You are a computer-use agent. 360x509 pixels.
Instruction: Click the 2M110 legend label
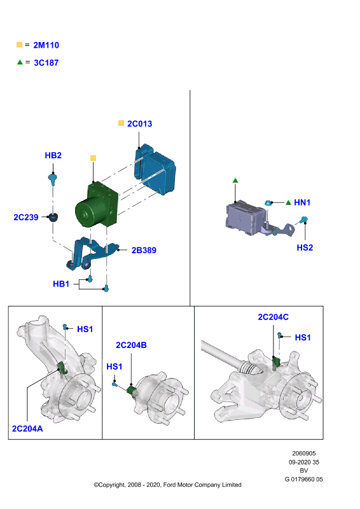[x=46, y=45]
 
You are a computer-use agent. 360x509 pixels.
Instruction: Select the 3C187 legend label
[x=46, y=62]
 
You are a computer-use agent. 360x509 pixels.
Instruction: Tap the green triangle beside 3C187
[x=20, y=62]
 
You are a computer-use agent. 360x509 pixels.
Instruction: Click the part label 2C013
[x=139, y=123]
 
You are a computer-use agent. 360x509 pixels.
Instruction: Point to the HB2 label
[x=53, y=155]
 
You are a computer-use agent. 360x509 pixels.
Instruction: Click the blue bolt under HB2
[x=53, y=179]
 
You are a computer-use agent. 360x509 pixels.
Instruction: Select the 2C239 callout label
[x=26, y=217]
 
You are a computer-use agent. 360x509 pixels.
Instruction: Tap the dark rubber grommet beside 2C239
[x=53, y=217]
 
